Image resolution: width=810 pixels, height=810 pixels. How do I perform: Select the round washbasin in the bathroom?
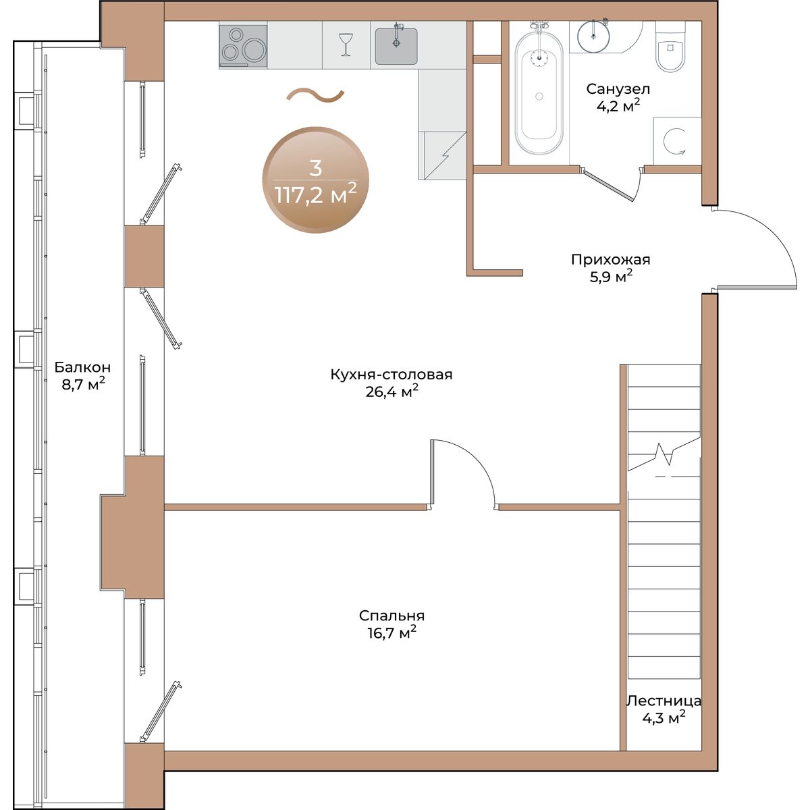[x=593, y=36]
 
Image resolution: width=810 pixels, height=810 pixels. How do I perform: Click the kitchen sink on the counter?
[x=396, y=46]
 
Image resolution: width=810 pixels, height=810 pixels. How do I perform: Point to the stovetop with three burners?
[x=243, y=47]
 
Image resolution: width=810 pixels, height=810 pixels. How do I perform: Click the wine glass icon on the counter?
[x=346, y=45]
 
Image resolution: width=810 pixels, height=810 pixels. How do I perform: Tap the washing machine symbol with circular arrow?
[x=677, y=141]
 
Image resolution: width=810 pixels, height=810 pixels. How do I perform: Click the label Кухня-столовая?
[x=391, y=374]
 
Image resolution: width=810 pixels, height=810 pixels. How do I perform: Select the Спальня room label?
[x=391, y=616]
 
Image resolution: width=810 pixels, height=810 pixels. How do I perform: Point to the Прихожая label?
[x=610, y=259]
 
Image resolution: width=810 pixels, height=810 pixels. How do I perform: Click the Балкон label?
[x=82, y=367]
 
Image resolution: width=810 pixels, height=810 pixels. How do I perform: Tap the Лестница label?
[x=664, y=701]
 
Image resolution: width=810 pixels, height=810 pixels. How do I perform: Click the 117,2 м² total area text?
[x=316, y=194]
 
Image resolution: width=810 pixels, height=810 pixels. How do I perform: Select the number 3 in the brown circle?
[x=315, y=167]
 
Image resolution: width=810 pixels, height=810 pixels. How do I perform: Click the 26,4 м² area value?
[x=391, y=391]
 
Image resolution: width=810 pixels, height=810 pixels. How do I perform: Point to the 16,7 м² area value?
[x=391, y=632]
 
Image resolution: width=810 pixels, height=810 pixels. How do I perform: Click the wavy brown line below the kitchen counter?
[x=315, y=95]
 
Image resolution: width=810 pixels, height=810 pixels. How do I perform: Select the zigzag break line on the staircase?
[x=664, y=453]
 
